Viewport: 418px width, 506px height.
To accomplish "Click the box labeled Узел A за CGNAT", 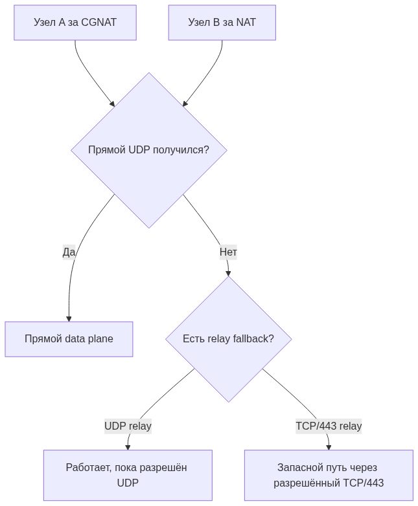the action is [75, 23].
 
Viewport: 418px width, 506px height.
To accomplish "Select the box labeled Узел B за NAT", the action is [222, 23].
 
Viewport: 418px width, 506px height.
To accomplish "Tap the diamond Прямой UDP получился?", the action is [148, 150].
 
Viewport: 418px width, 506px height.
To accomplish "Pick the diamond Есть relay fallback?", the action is [229, 339].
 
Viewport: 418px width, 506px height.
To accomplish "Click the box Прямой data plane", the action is [69, 339].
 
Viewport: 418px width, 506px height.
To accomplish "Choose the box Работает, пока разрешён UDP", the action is [128, 475].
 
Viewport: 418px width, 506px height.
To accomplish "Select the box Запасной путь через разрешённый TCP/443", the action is [329, 475].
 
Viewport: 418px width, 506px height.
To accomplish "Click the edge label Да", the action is [69, 252].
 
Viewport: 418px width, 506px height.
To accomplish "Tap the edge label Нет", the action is [228, 252].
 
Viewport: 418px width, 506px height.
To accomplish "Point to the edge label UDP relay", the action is [128, 426].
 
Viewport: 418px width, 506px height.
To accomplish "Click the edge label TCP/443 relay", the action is [329, 426].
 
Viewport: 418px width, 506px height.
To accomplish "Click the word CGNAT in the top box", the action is [99, 22].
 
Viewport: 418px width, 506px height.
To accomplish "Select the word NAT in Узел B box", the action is [246, 22].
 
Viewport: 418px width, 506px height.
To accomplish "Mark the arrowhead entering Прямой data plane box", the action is [69, 319].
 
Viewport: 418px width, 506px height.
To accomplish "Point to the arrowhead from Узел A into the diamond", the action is [113, 104].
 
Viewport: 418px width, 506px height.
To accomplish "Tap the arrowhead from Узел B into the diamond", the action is [185, 104].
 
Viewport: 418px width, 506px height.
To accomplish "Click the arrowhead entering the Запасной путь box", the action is [329, 447].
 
